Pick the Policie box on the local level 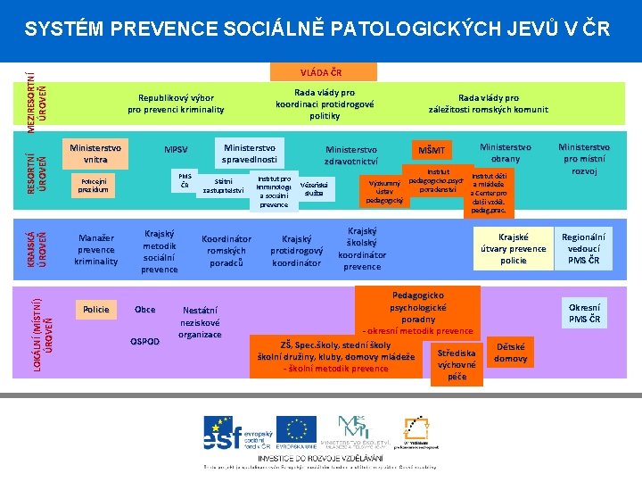click(95, 310)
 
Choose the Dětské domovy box click(510, 353)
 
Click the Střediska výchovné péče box click(457, 364)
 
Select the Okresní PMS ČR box click(584, 312)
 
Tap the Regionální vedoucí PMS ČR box click(583, 249)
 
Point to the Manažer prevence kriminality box click(95, 250)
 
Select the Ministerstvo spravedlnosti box click(250, 154)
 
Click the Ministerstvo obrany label click(505, 153)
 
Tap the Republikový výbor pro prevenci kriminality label click(176, 104)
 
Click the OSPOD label click(144, 342)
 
